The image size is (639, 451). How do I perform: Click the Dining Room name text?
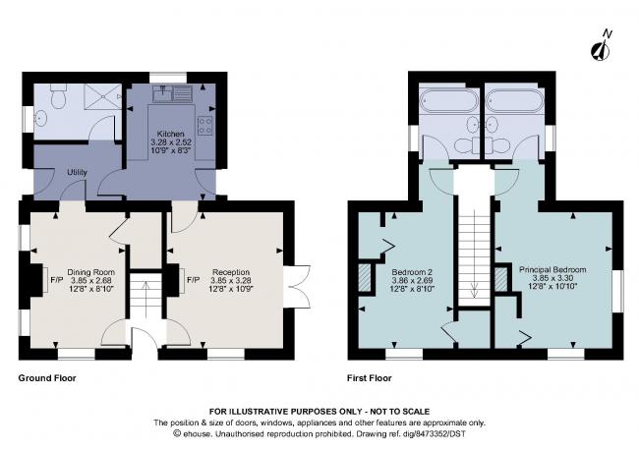pos(90,271)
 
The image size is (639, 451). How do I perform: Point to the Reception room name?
pos(231,271)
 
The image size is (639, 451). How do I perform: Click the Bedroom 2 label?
pos(412,271)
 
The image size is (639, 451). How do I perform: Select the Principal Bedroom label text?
pos(552,268)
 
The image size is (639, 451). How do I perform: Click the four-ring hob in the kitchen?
pos(205,126)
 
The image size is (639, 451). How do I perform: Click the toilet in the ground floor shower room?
pos(60,98)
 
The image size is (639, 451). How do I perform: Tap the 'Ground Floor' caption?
pos(47,377)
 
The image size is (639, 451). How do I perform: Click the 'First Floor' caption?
pos(370,377)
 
